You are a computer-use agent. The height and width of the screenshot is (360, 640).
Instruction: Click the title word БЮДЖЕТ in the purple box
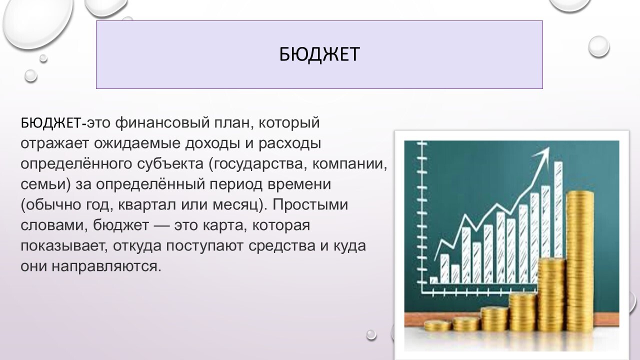(x=319, y=54)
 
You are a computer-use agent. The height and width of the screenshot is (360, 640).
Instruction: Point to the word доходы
(x=212, y=143)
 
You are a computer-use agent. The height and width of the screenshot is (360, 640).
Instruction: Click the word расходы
(x=289, y=143)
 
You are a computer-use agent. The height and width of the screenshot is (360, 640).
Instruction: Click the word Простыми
(x=310, y=205)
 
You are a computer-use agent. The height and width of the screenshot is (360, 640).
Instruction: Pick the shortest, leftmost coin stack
(x=437, y=326)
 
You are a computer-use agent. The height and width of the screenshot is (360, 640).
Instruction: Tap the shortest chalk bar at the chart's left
(x=433, y=280)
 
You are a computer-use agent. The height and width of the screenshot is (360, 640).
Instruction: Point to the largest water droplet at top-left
(x=37, y=21)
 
